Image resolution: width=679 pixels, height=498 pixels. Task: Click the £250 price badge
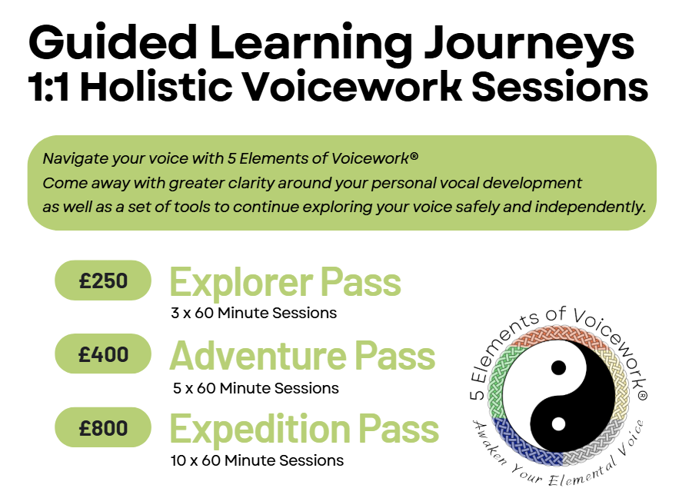pos(103,281)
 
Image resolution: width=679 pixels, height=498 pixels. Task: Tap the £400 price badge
pos(103,354)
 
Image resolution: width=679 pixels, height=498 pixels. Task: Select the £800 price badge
pos(103,427)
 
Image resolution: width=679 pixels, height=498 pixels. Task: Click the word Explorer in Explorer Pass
pos(241,283)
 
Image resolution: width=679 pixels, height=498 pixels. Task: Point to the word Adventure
pos(258,356)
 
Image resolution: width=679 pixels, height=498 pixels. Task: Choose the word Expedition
pos(260,429)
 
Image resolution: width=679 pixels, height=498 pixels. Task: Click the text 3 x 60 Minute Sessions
pos(254,313)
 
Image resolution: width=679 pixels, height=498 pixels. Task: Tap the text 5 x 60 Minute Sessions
pos(256,388)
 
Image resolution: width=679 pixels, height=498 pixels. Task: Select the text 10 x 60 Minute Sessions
pos(258,460)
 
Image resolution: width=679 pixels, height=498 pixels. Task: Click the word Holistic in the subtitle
pos(156,87)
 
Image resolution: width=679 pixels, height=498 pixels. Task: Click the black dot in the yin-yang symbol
pos(558,368)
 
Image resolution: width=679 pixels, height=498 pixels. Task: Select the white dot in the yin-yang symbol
pos(558,424)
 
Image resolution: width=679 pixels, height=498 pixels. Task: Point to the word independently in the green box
pos(591,207)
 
